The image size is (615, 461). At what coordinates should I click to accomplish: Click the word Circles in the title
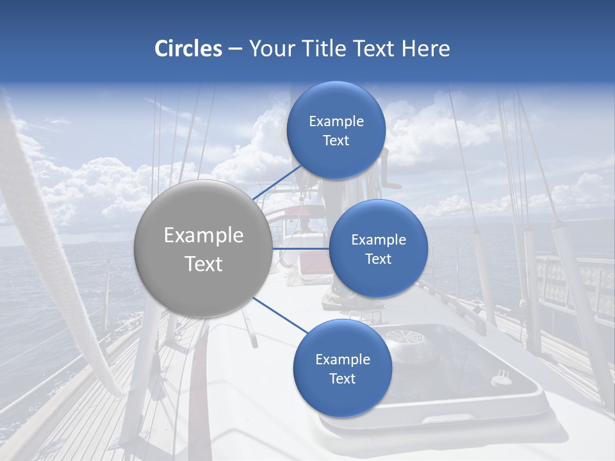(188, 49)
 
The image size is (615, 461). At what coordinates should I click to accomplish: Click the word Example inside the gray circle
(203, 236)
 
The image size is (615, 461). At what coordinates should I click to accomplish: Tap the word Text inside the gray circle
(203, 264)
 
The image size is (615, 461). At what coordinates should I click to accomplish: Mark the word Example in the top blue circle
(336, 122)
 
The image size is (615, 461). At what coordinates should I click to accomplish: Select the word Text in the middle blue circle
(378, 259)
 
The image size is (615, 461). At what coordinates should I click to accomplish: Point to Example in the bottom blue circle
(342, 360)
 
